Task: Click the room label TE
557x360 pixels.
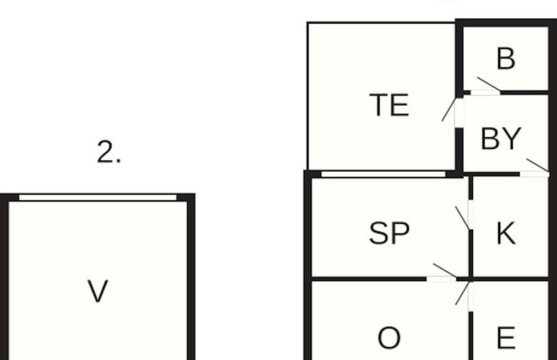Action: [389, 105]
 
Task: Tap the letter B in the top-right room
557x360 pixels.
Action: [506, 58]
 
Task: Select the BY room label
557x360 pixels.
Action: [501, 139]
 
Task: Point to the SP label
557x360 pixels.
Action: [389, 233]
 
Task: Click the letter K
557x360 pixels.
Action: [506, 233]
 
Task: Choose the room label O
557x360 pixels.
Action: [389, 338]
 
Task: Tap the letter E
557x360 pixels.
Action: [506, 338]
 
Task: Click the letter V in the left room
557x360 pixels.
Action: [98, 291]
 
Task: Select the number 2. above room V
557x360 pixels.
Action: [109, 152]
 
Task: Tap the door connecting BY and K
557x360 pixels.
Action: [535, 168]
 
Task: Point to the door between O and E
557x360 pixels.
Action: [464, 297]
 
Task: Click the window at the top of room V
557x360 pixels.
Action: [98, 198]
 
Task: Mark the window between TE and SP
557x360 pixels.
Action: [383, 174]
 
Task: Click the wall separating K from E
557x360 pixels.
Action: [509, 279]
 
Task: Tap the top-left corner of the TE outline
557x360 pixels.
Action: [308, 22]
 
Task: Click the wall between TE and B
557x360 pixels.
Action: [459, 58]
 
